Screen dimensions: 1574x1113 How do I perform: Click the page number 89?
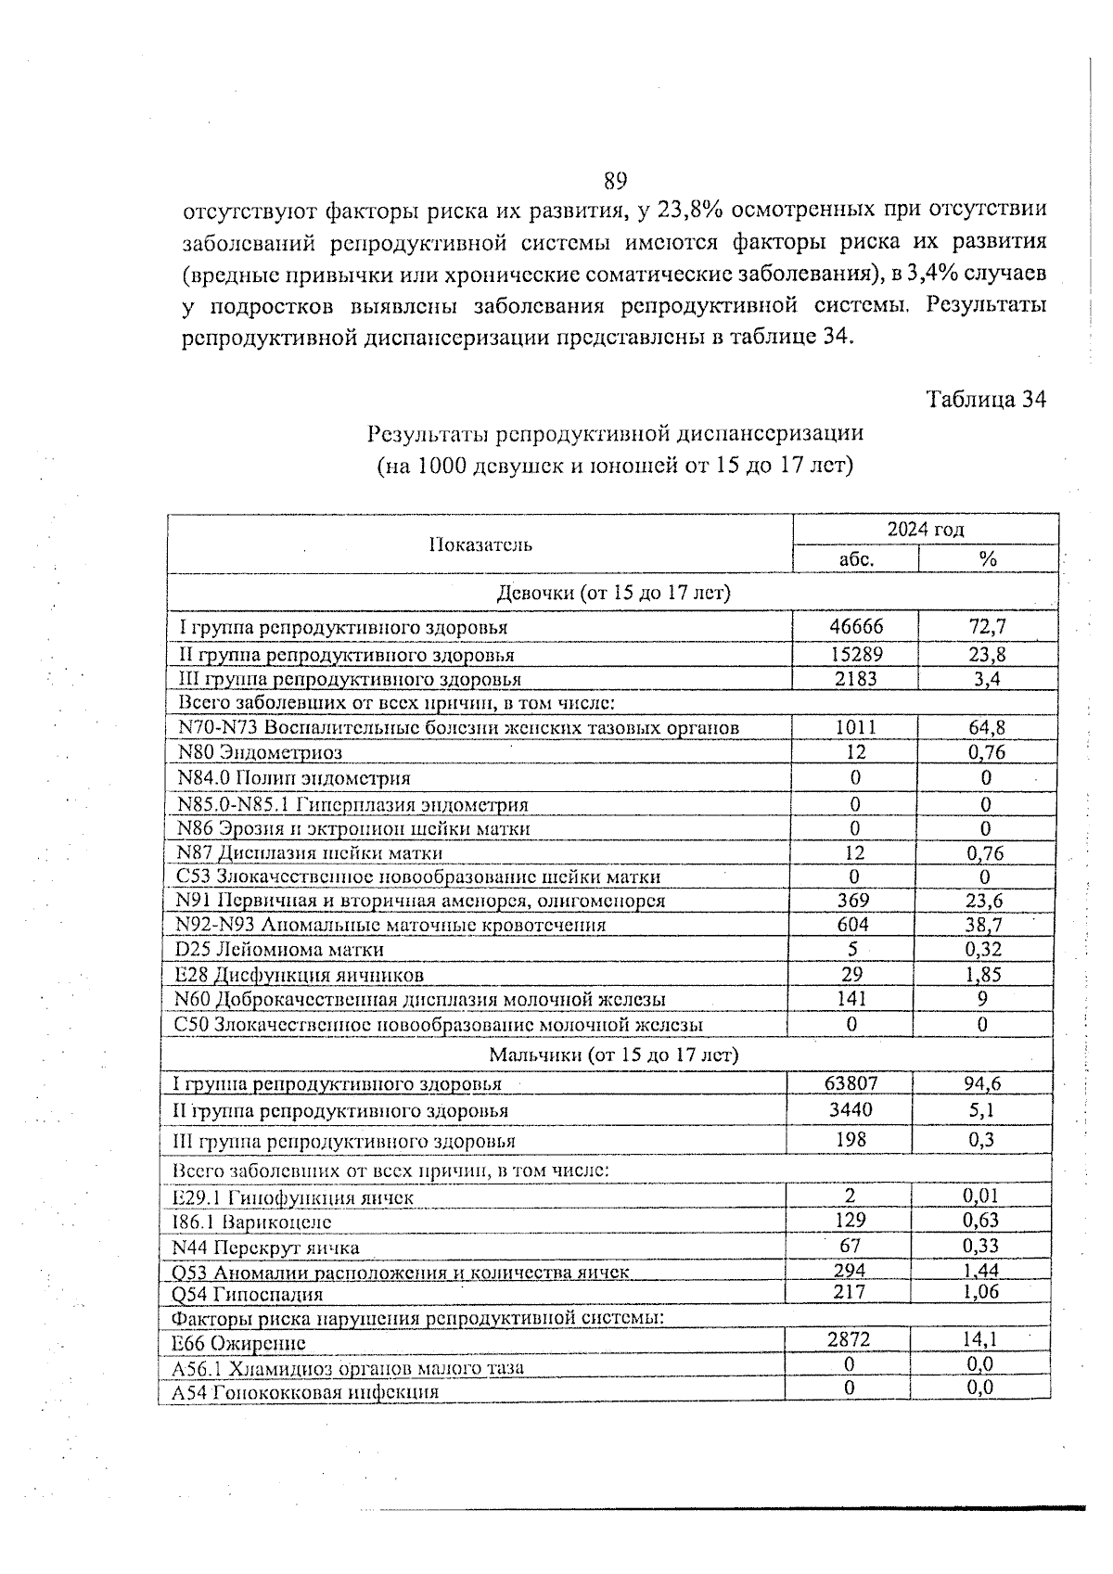click(x=615, y=180)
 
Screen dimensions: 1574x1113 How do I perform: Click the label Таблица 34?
click(x=986, y=400)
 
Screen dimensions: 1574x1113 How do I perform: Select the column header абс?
click(x=855, y=559)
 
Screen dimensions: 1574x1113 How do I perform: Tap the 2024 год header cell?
click(x=925, y=530)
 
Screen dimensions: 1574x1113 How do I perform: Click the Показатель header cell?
click(x=480, y=544)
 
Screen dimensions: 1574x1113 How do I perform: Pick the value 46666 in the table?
click(x=855, y=627)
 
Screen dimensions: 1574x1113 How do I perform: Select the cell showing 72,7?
click(x=987, y=627)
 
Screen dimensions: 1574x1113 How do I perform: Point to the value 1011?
click(x=855, y=727)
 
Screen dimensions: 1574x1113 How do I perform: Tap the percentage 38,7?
click(x=984, y=925)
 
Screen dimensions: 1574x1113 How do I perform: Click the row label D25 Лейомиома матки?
click(x=279, y=950)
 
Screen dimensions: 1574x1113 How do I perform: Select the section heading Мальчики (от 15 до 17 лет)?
click(x=613, y=1055)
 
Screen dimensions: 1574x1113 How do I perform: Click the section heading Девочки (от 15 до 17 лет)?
click(x=614, y=593)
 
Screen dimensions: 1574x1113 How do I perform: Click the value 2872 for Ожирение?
click(x=848, y=1338)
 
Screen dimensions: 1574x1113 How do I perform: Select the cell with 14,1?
click(x=980, y=1338)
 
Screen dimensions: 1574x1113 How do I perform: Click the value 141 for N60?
click(x=851, y=999)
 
